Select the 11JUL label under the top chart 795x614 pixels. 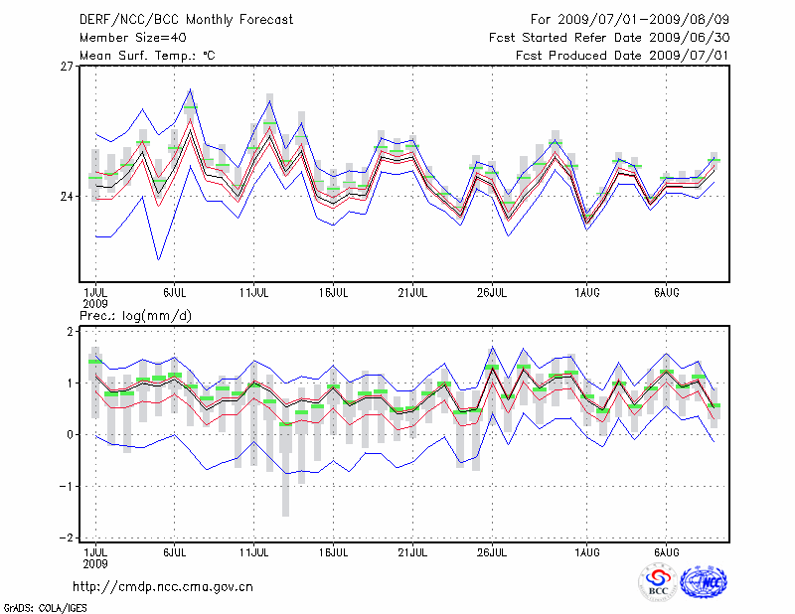[x=255, y=294]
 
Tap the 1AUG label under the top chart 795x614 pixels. [x=586, y=294]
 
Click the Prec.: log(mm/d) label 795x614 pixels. [x=136, y=316]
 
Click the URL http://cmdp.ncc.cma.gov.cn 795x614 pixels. [x=164, y=586]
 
